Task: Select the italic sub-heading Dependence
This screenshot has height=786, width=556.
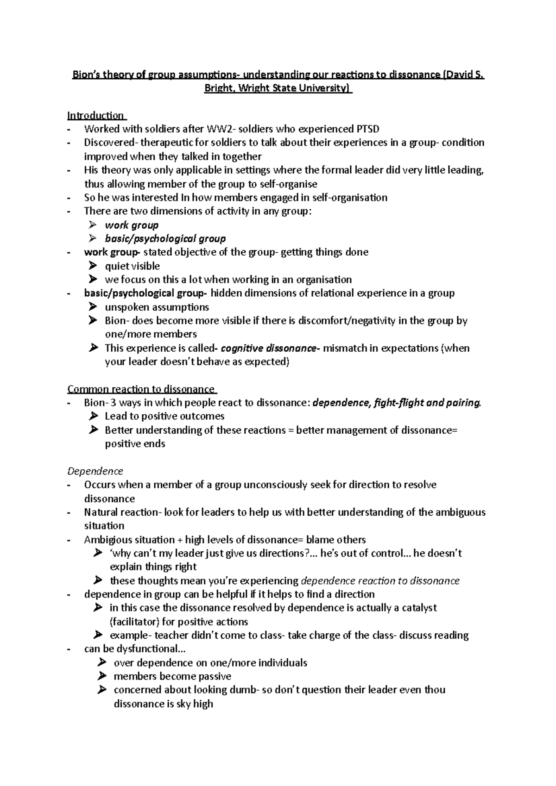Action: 95,471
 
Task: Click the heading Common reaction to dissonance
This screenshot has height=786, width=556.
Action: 141,389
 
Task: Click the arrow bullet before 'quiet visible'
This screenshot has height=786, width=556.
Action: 93,266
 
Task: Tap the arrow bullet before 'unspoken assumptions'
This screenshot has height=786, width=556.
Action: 93,307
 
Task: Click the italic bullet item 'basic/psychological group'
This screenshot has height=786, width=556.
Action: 165,239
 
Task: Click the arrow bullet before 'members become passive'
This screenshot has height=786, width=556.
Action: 102,676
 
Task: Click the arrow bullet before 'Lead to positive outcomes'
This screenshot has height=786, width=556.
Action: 93,416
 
